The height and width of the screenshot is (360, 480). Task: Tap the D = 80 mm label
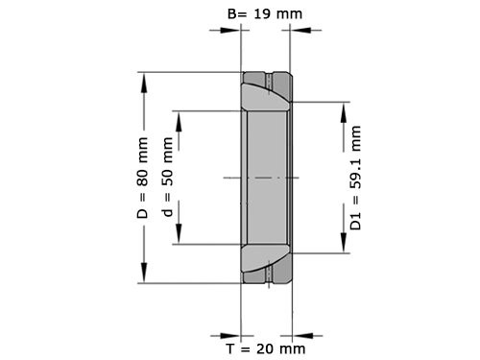[x=143, y=178]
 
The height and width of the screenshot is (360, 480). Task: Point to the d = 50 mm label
[x=169, y=178]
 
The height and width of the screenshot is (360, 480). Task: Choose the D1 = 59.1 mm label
[x=358, y=178]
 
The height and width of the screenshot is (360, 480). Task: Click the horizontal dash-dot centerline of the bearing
[x=261, y=179]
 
